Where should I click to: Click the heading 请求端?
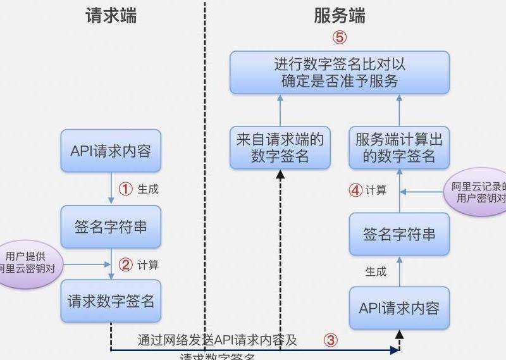[x=111, y=15]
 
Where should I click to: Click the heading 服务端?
[x=340, y=15]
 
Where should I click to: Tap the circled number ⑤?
[x=340, y=37]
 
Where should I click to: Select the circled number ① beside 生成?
[x=126, y=189]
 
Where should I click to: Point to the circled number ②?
[x=126, y=264]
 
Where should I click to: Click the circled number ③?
[x=330, y=340]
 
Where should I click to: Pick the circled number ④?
[x=356, y=190]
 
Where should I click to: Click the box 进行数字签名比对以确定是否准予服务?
[x=339, y=73]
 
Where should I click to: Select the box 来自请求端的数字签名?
[x=280, y=148]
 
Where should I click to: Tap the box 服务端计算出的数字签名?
[x=399, y=148]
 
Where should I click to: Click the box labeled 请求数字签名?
[x=111, y=301]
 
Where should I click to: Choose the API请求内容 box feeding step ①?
[x=111, y=151]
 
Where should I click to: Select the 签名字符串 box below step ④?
[x=399, y=234]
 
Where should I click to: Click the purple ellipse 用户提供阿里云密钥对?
[x=27, y=263]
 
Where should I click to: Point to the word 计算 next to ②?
[x=148, y=264]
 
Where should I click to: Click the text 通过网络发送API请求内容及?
[x=218, y=340]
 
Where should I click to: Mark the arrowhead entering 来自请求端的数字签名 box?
[x=280, y=175]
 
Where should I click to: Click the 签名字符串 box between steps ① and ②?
[x=111, y=227]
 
